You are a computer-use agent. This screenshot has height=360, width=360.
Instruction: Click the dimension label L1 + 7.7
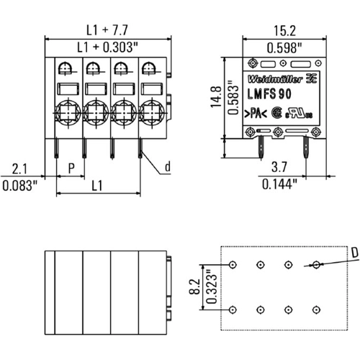pos(107,30)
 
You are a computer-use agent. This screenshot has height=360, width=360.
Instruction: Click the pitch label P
pos(71,168)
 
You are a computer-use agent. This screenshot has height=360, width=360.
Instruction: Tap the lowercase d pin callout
pos(167,168)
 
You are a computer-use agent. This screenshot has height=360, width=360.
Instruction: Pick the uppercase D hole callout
pos(354,252)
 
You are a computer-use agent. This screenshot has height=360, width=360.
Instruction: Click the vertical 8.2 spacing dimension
pos(193,288)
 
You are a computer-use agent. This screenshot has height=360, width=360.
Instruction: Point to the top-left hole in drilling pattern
pos(232,265)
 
